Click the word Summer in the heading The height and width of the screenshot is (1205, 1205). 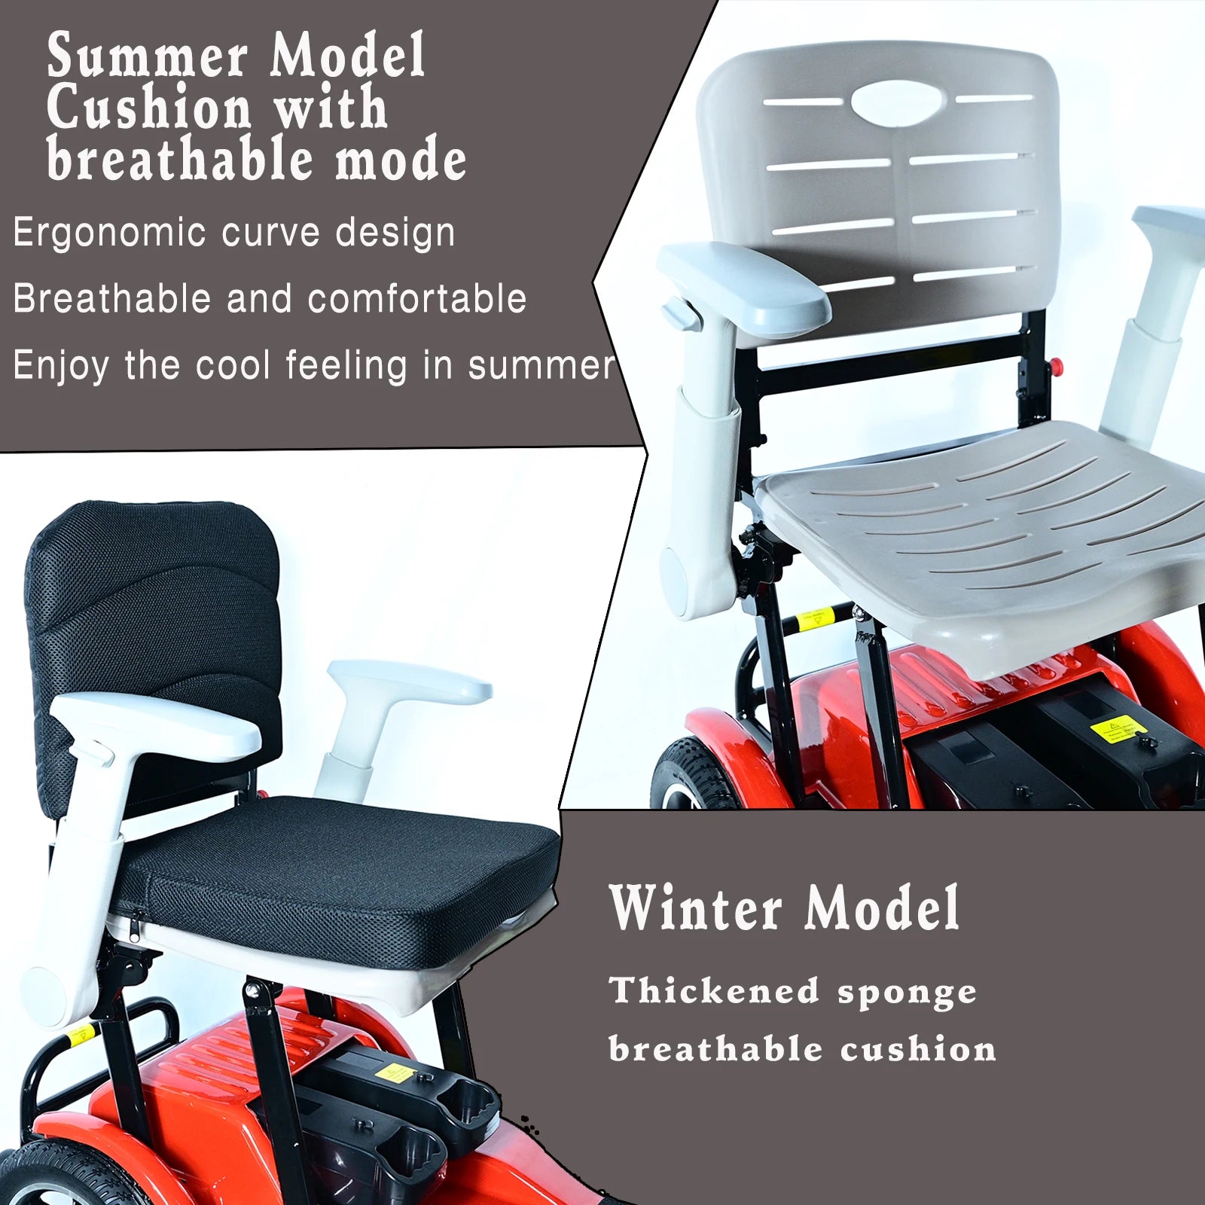(147, 56)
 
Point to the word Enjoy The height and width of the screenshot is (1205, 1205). (61, 367)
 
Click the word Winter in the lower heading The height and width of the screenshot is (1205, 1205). (697, 908)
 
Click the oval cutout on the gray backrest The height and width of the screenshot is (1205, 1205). (898, 101)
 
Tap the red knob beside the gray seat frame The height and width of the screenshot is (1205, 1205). (1056, 367)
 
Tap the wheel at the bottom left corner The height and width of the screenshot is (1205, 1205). (75, 1175)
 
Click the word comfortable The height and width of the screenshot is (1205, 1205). (417, 298)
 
